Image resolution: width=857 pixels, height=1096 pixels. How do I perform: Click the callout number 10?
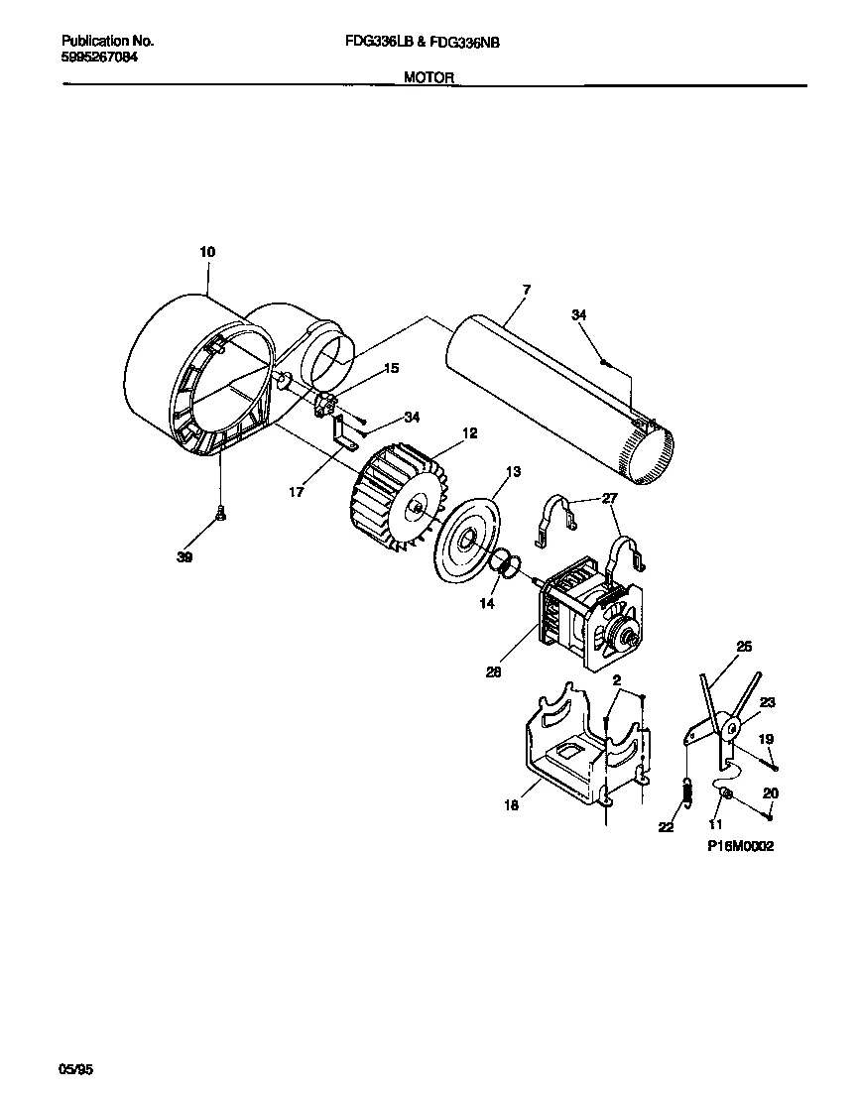pyautogui.click(x=207, y=252)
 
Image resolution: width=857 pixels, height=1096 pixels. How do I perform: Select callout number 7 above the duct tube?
pyautogui.click(x=527, y=289)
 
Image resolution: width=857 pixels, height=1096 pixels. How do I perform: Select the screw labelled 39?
pyautogui.click(x=221, y=513)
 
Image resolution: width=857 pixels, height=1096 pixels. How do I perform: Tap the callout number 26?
pyautogui.click(x=745, y=647)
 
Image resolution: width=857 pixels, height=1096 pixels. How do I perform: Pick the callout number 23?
pyautogui.click(x=768, y=702)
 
